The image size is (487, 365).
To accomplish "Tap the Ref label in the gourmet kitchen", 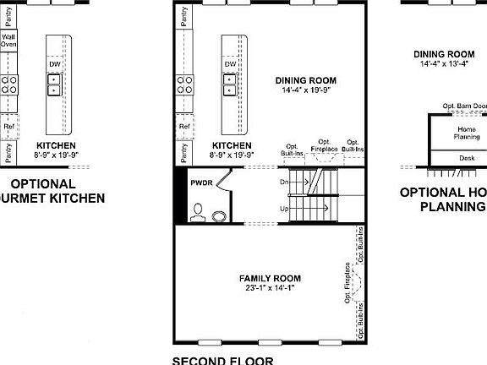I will tap(8, 127).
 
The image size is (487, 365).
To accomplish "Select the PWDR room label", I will tap(200, 182).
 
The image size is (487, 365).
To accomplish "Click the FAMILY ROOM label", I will tap(270, 278).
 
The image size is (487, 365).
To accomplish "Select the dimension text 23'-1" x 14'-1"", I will tap(270, 287).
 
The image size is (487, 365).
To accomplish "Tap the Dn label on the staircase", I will tap(285, 182).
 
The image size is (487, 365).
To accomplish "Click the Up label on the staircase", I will tap(285, 208).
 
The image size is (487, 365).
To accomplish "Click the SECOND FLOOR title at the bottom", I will tap(222, 360).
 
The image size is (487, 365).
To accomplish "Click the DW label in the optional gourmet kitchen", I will tap(54, 64).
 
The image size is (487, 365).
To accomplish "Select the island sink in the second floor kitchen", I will tap(229, 84).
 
